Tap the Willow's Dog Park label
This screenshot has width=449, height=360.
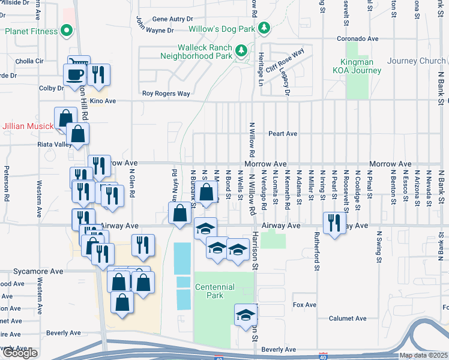click(221, 29)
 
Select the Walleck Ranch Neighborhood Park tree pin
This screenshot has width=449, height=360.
click(241, 51)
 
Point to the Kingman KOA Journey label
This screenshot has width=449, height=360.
click(361, 66)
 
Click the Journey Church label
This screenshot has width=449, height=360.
click(416, 61)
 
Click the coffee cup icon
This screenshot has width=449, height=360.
click(76, 74)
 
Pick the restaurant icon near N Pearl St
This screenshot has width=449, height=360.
click(333, 222)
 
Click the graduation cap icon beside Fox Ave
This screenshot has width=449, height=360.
click(245, 315)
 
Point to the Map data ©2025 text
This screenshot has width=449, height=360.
click(423, 355)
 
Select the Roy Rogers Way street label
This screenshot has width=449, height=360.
click(166, 94)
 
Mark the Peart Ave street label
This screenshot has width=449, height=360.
click(283, 133)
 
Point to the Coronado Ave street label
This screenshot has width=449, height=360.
click(357, 38)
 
